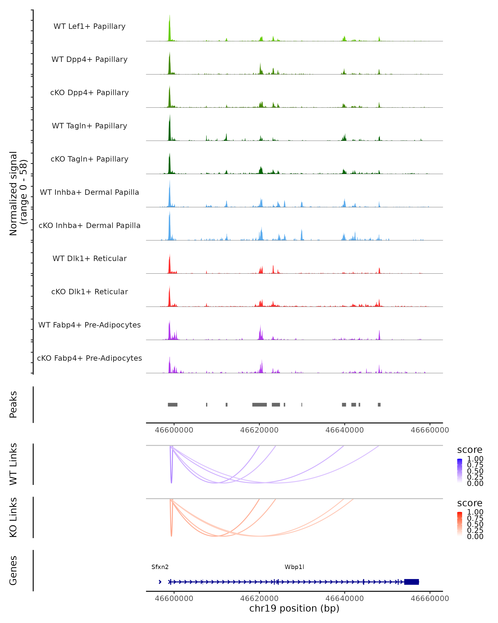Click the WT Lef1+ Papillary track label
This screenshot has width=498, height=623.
click(89, 26)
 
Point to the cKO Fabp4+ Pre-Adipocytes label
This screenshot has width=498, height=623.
click(89, 358)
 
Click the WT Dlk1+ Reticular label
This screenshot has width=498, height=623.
click(89, 258)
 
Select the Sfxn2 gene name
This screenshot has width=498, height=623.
click(160, 567)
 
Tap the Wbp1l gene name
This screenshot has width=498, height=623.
click(294, 567)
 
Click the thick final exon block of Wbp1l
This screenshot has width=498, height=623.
click(411, 582)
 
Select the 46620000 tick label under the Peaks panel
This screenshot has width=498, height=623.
click(259, 430)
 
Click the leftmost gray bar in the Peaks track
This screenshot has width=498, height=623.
click(173, 405)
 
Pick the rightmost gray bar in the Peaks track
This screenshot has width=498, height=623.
click(379, 405)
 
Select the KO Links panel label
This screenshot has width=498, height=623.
click(13, 517)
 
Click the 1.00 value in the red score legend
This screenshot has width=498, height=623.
click(475, 512)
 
